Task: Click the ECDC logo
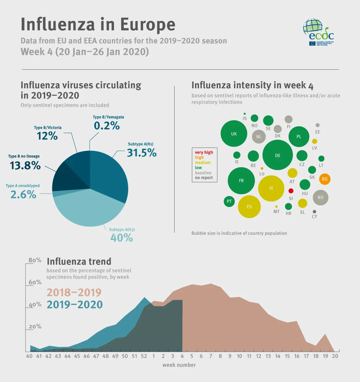coord(318,32)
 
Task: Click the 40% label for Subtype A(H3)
coord(121,238)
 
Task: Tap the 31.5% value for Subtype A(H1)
coord(142,153)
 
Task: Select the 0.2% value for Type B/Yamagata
coord(107,126)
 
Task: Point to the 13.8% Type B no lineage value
coord(25,165)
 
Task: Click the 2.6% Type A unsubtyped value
coord(23,195)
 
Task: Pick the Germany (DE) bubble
coord(278,155)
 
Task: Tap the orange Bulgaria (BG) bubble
coord(325,179)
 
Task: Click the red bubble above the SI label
coord(291,191)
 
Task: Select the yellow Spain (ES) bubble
coord(249,206)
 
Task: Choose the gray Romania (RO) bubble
coord(320,197)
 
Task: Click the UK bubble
coord(234,134)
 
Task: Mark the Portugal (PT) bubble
coord(229,201)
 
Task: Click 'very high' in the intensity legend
coord(204,152)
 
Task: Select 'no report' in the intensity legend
coord(204,178)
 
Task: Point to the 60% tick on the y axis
coord(35,282)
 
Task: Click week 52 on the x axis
coord(144,356)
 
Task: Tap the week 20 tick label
coord(335,356)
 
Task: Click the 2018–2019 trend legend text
coord(74,292)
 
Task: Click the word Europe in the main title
coord(148,25)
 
